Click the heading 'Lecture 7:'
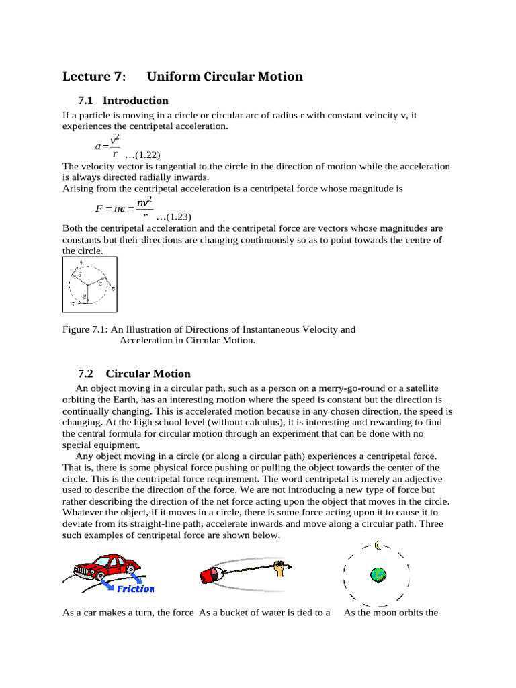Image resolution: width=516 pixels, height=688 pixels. (93, 77)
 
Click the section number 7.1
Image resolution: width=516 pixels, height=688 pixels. (85, 101)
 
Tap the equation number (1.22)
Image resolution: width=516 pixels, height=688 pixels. (142, 155)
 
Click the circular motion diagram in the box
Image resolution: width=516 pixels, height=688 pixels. (89, 285)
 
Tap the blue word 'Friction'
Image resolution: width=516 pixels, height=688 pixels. (135, 589)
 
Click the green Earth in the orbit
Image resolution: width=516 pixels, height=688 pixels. (378, 575)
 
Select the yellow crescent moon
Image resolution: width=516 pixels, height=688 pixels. (378, 545)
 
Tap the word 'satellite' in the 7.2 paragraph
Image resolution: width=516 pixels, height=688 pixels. (419, 388)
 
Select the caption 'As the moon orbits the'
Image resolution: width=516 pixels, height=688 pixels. (390, 613)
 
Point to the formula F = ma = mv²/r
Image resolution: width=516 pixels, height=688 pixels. (124, 208)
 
